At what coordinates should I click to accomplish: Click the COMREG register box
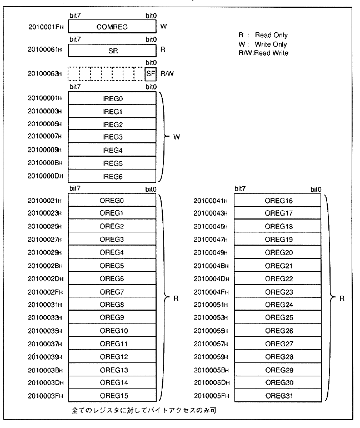click(x=112, y=26)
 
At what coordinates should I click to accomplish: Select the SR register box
click(x=112, y=50)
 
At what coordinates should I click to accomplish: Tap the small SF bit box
click(x=150, y=73)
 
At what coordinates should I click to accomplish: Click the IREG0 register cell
click(x=112, y=98)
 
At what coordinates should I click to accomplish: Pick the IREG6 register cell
click(x=112, y=177)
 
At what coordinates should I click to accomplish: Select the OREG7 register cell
click(x=112, y=292)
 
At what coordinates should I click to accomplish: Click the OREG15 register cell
click(x=112, y=396)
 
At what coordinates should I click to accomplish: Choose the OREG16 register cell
click(x=278, y=201)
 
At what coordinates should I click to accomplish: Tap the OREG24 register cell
click(x=278, y=305)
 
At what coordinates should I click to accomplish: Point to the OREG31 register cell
click(x=278, y=396)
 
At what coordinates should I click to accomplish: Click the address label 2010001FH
click(x=47, y=27)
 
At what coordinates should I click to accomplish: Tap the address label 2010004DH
click(x=211, y=279)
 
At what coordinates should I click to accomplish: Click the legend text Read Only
click(x=271, y=35)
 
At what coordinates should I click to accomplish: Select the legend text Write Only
click(x=271, y=44)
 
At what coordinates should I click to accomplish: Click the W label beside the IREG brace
click(x=177, y=137)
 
